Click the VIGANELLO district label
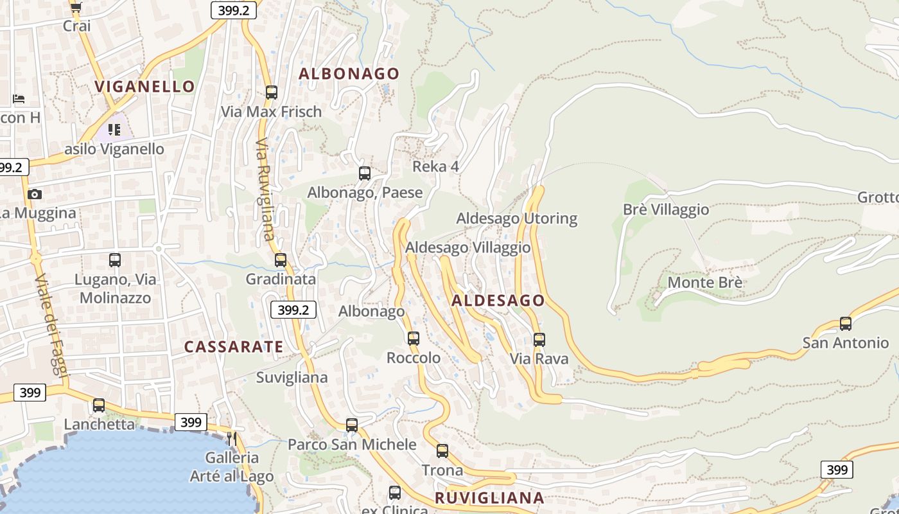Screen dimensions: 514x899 point(144,86)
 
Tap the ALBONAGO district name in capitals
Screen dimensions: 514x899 point(349,74)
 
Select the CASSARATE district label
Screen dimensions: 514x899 point(234,347)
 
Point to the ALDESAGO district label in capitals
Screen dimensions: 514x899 point(498,301)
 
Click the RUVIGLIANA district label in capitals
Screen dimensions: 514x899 point(489,498)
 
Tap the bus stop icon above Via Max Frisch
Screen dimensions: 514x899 point(272,93)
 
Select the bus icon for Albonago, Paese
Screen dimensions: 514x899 point(365,173)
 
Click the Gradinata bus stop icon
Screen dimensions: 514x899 point(281,260)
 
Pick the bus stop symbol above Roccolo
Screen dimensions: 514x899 point(414,339)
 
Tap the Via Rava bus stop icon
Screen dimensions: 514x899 point(539,340)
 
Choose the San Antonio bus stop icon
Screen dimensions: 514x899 point(846,324)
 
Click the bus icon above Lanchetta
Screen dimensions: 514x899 point(99,405)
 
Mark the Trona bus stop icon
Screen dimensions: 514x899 point(442,451)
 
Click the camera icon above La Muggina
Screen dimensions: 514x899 point(35,194)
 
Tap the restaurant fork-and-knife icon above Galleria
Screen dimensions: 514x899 point(232,439)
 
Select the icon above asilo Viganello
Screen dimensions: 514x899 point(114,130)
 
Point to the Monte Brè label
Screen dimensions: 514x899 point(705,283)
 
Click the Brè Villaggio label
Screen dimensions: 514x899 point(666,210)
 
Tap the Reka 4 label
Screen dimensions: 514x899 point(435,167)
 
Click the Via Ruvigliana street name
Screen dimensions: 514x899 point(265,190)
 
